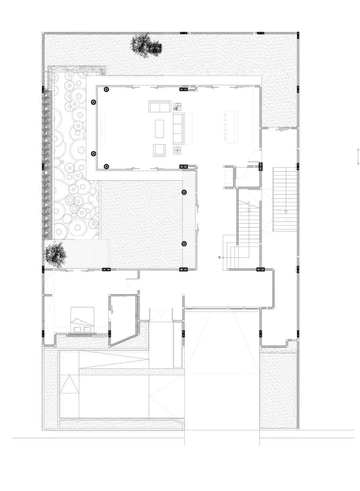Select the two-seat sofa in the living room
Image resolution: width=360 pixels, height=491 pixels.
pyautogui.click(x=159, y=107)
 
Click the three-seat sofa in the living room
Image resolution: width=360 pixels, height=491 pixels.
pyautogui.click(x=178, y=128)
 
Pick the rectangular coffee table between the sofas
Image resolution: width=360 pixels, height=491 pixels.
pyautogui.click(x=159, y=128)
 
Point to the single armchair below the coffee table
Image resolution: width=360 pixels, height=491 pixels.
pyautogui.click(x=159, y=150)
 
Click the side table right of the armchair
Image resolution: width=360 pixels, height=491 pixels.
pyautogui.click(x=177, y=150)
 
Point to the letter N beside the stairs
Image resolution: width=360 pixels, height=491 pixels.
pyautogui.click(x=219, y=258)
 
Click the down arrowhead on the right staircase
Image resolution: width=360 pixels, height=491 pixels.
pyautogui.click(x=286, y=212)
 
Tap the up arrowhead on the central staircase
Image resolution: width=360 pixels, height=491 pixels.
pyautogui.click(x=249, y=209)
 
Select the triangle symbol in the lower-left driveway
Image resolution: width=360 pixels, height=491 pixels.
pyautogui.click(x=69, y=385)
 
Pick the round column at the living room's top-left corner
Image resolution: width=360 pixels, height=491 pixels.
pyautogui.click(x=106, y=89)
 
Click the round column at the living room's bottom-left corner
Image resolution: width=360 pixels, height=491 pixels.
pyautogui.click(x=106, y=166)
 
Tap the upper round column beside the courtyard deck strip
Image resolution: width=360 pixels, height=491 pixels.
pyautogui.click(x=184, y=192)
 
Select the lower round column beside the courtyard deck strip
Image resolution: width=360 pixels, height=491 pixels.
pyautogui.click(x=184, y=244)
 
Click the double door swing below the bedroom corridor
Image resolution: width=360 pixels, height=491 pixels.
pyautogui.click(x=161, y=315)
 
